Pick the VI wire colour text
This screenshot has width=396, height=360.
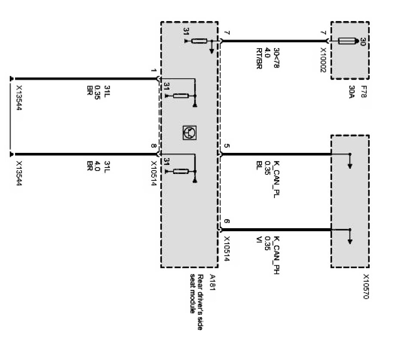(x=258, y=243)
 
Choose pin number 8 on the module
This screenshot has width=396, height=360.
(x=153, y=146)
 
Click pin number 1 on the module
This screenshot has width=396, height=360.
(x=153, y=70)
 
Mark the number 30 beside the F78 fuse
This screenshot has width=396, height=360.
(x=362, y=41)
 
